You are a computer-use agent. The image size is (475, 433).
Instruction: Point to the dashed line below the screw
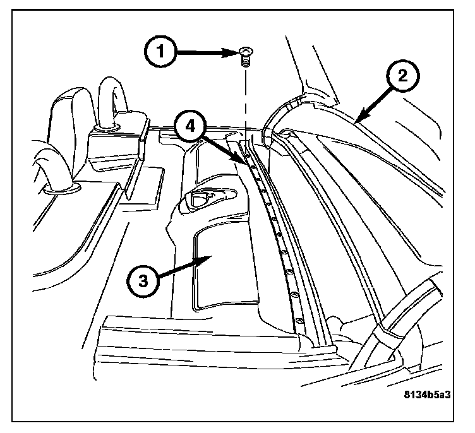[243, 101]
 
